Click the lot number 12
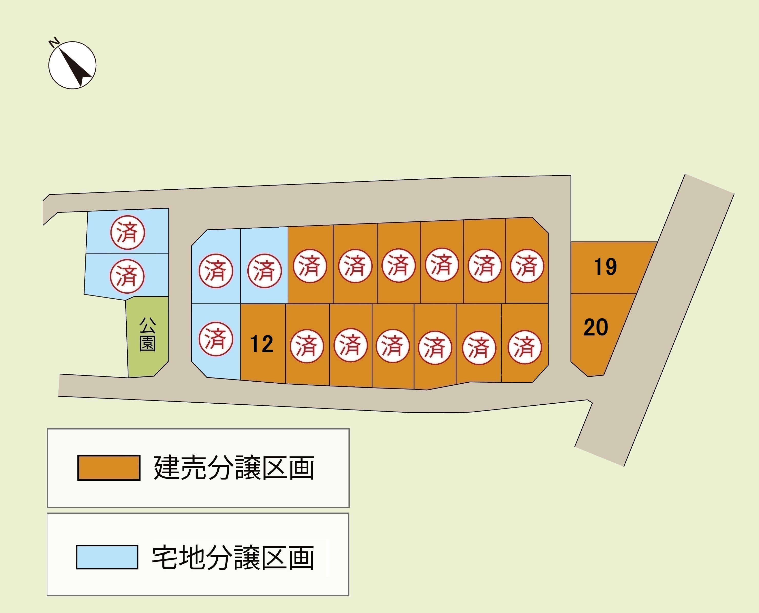[262, 344]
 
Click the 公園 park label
[148, 334]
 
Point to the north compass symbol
[72, 65]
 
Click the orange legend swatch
[109, 468]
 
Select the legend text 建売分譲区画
[234, 468]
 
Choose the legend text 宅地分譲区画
[233, 558]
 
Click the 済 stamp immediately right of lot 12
[307, 346]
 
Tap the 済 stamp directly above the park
[127, 276]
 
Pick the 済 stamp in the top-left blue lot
[127, 232]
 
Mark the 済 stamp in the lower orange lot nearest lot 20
[524, 347]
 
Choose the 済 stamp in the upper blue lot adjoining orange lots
[265, 271]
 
